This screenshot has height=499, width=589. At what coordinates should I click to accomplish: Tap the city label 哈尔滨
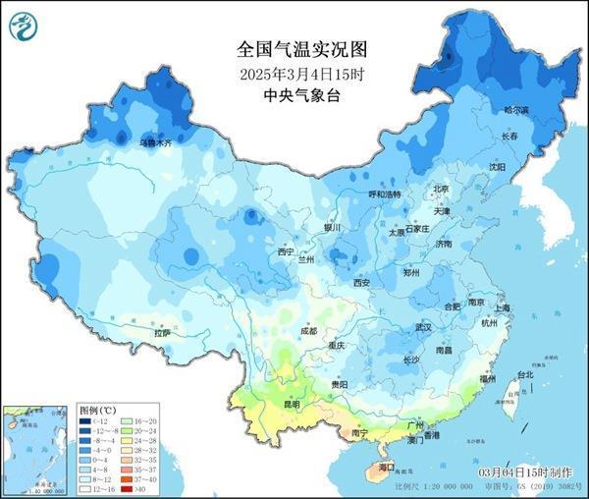click(x=516, y=110)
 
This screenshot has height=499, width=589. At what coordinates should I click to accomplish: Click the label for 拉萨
click(x=162, y=333)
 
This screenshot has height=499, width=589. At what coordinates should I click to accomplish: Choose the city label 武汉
click(x=424, y=326)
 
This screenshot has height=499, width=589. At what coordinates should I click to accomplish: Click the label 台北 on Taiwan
click(x=525, y=374)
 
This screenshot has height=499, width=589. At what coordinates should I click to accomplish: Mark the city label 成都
click(x=309, y=332)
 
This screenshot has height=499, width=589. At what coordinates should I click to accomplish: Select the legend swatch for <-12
click(x=86, y=421)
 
